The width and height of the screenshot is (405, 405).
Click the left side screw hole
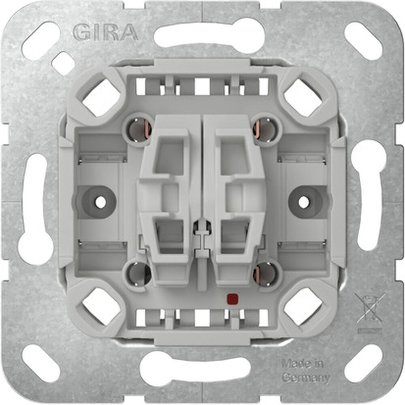click(x=100, y=202)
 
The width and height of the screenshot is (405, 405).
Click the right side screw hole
click(x=304, y=202)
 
